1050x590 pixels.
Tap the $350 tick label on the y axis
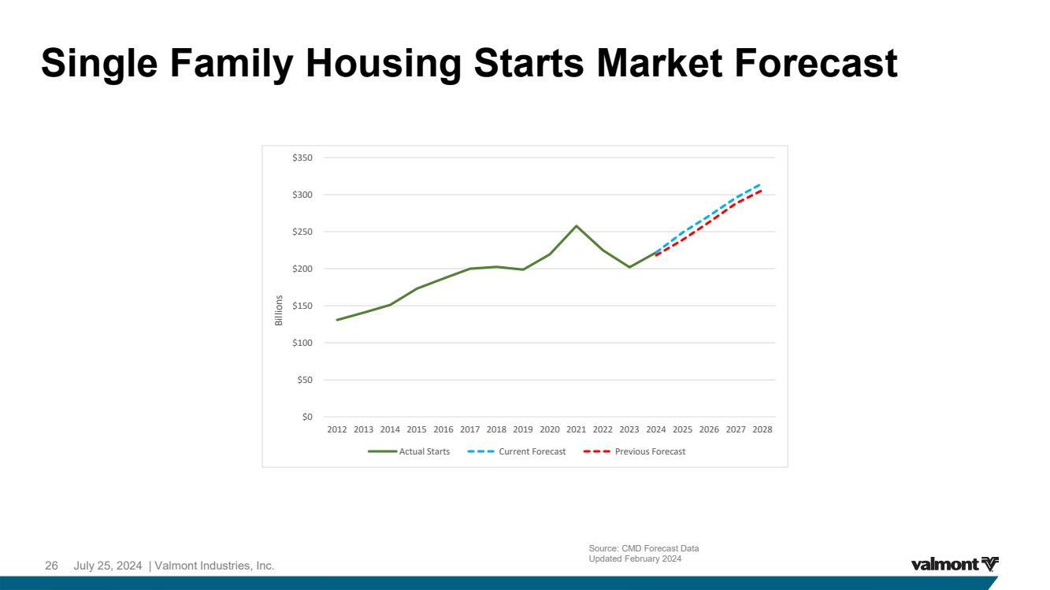pyautogui.click(x=302, y=158)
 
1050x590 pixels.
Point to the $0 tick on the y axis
pyautogui.click(x=307, y=417)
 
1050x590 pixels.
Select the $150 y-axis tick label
pyautogui.click(x=302, y=306)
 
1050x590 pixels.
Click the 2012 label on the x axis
pyautogui.click(x=336, y=429)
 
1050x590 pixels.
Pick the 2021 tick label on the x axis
pyautogui.click(x=576, y=429)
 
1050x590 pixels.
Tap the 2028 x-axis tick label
pyautogui.click(x=762, y=429)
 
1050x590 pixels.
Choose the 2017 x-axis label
pyautogui.click(x=469, y=429)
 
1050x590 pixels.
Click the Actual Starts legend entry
pyautogui.click(x=409, y=451)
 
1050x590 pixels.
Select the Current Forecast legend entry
pyautogui.click(x=517, y=451)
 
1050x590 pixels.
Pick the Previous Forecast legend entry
pyautogui.click(x=634, y=451)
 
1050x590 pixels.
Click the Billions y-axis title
pyautogui.click(x=279, y=310)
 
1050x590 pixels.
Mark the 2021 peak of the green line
pyautogui.click(x=576, y=226)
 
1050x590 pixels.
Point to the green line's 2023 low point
pyautogui.click(x=629, y=267)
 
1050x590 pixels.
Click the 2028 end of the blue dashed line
pyautogui.click(x=760, y=184)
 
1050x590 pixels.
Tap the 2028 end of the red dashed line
pyautogui.click(x=760, y=191)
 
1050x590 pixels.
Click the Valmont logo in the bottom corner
pyautogui.click(x=955, y=564)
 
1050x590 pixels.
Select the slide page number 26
pyautogui.click(x=51, y=566)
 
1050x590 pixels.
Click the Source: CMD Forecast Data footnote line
pyautogui.click(x=644, y=548)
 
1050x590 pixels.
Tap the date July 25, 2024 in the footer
pyautogui.click(x=108, y=566)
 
